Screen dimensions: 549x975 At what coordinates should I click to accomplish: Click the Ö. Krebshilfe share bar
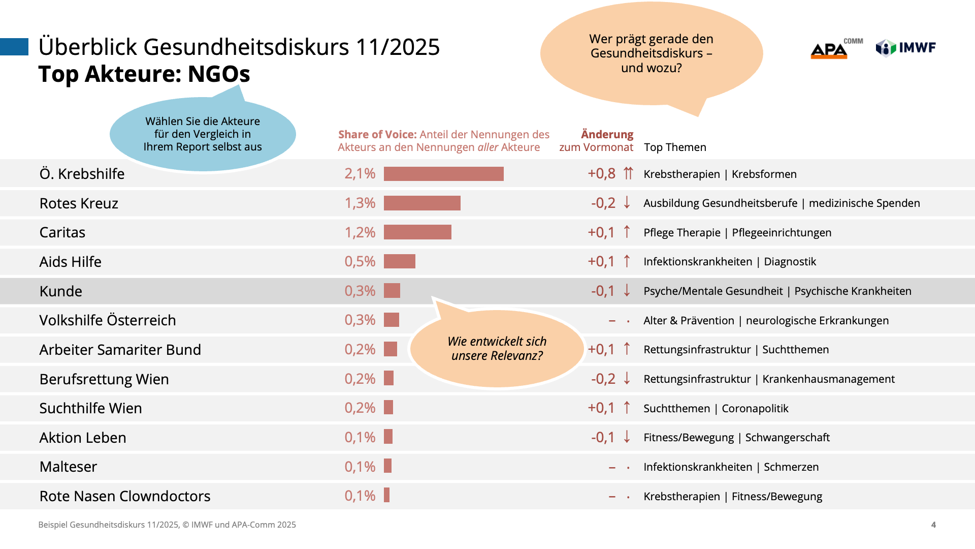tap(443, 174)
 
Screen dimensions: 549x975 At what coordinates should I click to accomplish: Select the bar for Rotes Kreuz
tap(422, 203)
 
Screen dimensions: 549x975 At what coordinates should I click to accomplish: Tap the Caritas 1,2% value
tap(360, 232)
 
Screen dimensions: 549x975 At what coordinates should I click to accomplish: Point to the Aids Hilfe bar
tap(399, 261)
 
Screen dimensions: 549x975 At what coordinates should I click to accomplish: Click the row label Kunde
tap(61, 291)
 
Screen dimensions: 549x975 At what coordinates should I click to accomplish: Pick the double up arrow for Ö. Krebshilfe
tap(628, 173)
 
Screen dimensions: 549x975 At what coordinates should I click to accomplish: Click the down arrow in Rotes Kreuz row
tap(627, 202)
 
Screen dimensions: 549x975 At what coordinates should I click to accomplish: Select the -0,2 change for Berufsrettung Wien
tap(603, 379)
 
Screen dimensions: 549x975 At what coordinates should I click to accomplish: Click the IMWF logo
tap(905, 48)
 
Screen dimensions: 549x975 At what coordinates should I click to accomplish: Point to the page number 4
tap(933, 525)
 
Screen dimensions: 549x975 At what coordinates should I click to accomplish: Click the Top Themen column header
tap(675, 147)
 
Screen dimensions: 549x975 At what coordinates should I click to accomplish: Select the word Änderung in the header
tap(607, 134)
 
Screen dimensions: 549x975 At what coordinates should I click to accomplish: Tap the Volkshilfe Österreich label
tap(108, 320)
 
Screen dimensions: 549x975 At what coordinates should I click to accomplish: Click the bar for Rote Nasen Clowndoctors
tap(387, 495)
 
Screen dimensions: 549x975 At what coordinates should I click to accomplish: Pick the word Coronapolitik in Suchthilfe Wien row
tap(755, 409)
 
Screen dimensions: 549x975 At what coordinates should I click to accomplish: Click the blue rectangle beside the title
tap(14, 47)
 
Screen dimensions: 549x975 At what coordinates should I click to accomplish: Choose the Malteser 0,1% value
tap(360, 467)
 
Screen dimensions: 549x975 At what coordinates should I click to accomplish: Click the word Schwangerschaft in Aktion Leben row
tap(787, 438)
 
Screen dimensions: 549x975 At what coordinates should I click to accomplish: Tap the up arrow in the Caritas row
tap(627, 232)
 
